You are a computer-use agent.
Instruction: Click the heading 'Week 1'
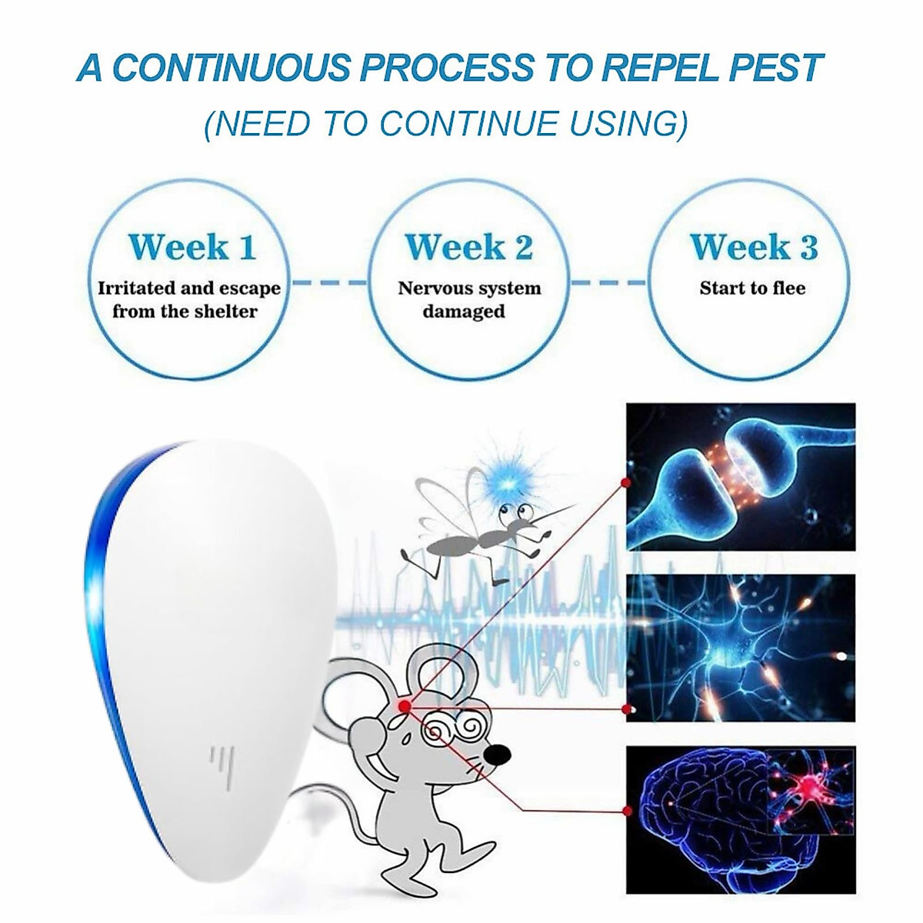192,248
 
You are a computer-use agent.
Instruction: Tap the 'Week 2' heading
468,248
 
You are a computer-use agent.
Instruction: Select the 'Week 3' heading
753,248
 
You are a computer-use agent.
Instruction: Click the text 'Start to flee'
752,288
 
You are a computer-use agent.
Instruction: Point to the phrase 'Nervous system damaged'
468,300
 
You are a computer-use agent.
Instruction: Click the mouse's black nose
498,752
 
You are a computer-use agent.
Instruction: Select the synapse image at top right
740,476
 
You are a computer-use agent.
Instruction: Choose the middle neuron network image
740,648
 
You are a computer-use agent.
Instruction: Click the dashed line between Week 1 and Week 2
331,283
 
